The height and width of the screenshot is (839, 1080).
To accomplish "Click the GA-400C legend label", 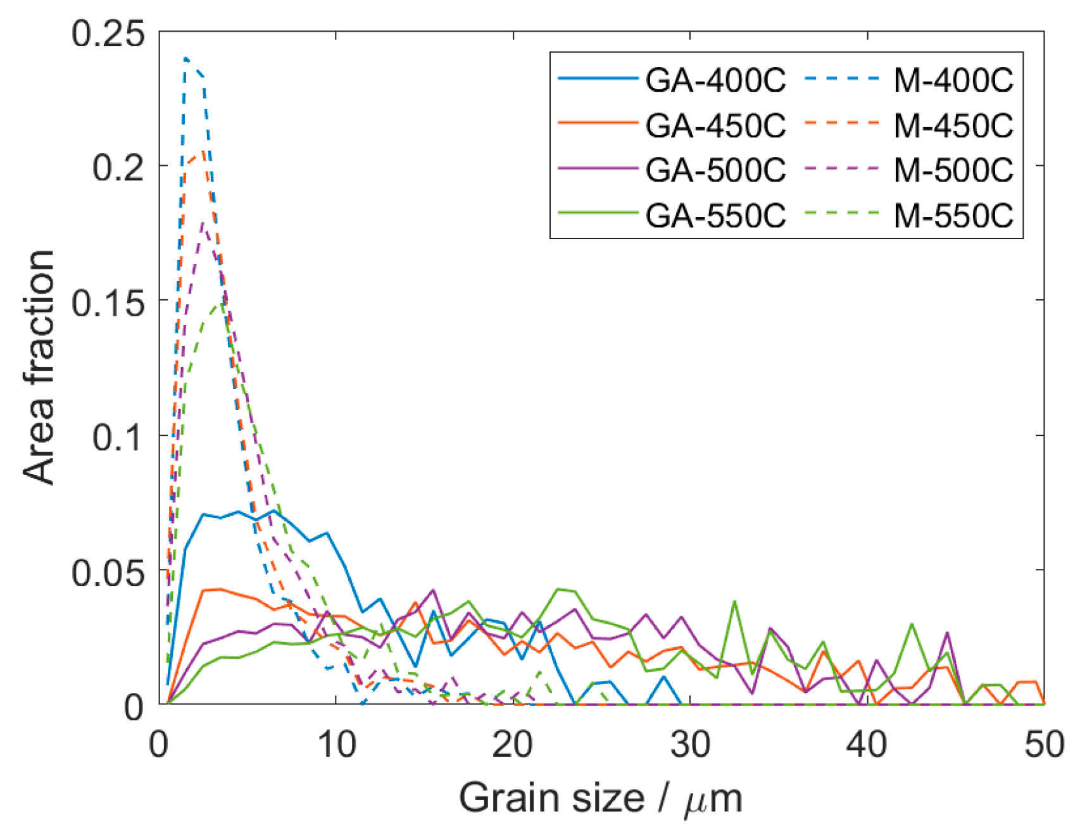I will pyautogui.click(x=715, y=80).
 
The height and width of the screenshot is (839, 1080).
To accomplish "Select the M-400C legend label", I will pyautogui.click(x=953, y=80).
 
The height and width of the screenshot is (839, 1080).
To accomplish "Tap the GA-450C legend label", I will pyautogui.click(x=715, y=125).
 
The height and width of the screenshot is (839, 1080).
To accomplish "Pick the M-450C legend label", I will pyautogui.click(x=953, y=125).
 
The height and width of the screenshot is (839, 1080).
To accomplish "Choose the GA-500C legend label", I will pyautogui.click(x=715, y=170).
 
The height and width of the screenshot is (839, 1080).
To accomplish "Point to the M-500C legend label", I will pyautogui.click(x=953, y=170).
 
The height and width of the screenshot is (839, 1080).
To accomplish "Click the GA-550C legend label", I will pyautogui.click(x=715, y=216).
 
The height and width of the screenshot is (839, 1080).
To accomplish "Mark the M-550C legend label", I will pyautogui.click(x=953, y=216).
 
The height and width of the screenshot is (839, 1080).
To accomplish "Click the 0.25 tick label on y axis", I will pyautogui.click(x=108, y=33).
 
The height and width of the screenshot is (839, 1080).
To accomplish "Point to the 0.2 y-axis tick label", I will pyautogui.click(x=118, y=168).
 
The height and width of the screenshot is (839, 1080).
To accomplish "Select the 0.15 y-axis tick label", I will pyautogui.click(x=108, y=302).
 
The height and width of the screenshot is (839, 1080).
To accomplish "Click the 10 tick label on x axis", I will pyautogui.click(x=336, y=745).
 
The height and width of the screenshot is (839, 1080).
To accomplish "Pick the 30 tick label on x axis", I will pyautogui.click(x=690, y=745).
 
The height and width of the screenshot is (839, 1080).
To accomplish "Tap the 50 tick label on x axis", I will pyautogui.click(x=1043, y=745).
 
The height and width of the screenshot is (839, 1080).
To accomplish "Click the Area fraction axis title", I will pyautogui.click(x=39, y=367).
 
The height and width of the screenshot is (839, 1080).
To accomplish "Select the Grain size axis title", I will pyautogui.click(x=600, y=799).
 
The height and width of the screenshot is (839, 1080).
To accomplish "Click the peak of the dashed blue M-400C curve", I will pyautogui.click(x=186, y=58).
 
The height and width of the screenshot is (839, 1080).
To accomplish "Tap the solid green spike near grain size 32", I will pyautogui.click(x=734, y=601).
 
